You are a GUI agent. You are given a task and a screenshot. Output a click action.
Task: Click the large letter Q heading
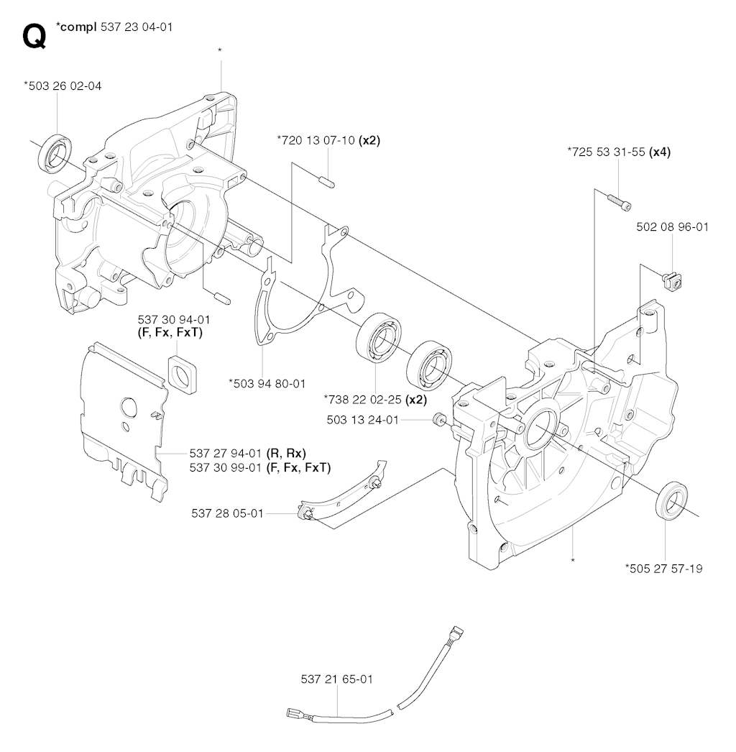[x=34, y=37]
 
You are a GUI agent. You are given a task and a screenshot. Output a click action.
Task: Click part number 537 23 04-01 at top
[x=137, y=27]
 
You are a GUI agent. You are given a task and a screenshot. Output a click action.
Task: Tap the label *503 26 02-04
[x=63, y=86]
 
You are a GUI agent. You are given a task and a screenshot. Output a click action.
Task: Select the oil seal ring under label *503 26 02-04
[x=55, y=153]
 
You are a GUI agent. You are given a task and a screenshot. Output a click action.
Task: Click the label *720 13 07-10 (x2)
[x=328, y=140]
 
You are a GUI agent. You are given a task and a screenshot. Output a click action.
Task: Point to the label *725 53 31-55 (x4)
[x=619, y=152]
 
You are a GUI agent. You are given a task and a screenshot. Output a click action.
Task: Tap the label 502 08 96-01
[x=672, y=227]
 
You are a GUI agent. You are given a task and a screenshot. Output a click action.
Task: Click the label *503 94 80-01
[x=267, y=384]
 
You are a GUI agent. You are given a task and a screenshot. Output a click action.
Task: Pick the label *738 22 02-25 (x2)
[x=375, y=399]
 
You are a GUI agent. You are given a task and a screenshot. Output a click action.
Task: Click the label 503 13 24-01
[x=362, y=420]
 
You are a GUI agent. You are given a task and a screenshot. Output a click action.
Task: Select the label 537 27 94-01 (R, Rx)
[x=247, y=453]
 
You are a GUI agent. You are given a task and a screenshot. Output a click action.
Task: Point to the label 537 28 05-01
[x=227, y=513]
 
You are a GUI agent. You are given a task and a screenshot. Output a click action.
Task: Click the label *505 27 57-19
[x=663, y=569]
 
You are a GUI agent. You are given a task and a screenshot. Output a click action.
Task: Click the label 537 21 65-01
[x=336, y=679]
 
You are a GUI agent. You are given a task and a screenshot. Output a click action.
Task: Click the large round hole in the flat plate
[x=129, y=407]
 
